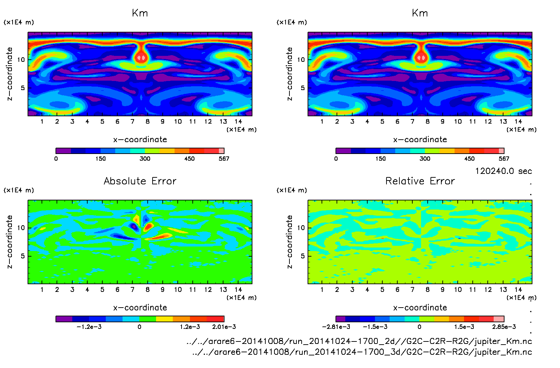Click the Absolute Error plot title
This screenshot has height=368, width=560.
click(x=140, y=181)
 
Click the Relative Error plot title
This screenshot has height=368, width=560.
click(x=420, y=181)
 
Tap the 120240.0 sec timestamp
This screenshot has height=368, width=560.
click(x=503, y=171)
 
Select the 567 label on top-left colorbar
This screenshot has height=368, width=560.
click(x=224, y=159)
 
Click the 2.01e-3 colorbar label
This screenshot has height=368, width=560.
click(x=224, y=327)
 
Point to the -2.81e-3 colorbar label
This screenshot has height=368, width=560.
click(x=336, y=327)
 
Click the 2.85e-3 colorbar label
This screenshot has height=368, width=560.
click(x=504, y=327)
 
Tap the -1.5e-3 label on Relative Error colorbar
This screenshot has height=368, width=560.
click(x=375, y=327)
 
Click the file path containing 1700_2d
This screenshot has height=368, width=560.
click(x=359, y=341)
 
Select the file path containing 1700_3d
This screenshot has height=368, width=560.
click(x=362, y=352)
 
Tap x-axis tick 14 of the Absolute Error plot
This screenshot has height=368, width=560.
click(x=238, y=289)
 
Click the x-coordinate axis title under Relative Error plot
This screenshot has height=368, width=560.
click(x=420, y=308)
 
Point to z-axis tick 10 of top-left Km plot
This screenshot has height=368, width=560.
click(x=21, y=60)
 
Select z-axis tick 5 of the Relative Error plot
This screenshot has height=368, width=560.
click(x=303, y=256)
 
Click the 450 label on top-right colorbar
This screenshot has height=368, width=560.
click(x=469, y=159)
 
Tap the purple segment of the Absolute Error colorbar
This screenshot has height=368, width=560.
click(x=64, y=319)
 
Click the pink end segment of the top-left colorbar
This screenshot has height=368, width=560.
click(x=221, y=151)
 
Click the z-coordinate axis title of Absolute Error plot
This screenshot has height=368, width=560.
click(x=10, y=242)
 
